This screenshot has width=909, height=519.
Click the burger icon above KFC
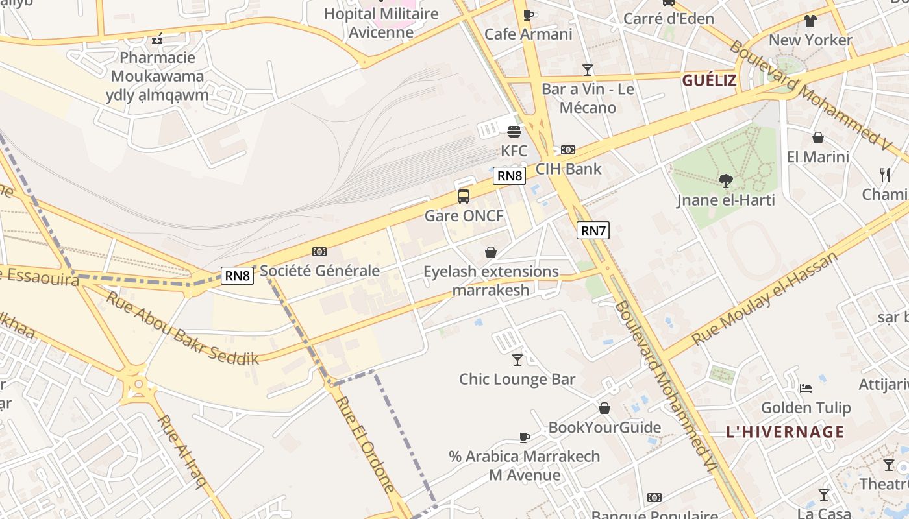[x=514, y=132]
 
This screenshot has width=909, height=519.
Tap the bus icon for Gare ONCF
[x=463, y=196]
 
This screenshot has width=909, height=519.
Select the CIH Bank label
[x=568, y=169]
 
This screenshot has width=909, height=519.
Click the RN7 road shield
[x=593, y=230]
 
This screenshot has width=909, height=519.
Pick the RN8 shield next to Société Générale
[x=237, y=276]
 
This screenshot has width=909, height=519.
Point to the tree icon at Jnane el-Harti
[x=725, y=181]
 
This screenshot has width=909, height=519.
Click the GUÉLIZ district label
[x=709, y=80]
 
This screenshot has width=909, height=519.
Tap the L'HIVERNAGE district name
[x=784, y=432]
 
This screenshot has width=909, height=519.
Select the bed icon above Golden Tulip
[x=805, y=388]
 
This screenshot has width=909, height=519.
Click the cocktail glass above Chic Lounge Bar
[x=517, y=359]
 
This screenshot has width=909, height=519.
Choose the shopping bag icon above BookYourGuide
[x=604, y=408]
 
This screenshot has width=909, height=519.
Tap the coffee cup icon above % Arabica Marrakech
[x=524, y=437]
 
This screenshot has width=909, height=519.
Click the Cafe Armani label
[x=529, y=34]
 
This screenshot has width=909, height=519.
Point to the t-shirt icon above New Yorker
[x=810, y=21]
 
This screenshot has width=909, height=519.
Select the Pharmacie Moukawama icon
[x=156, y=40]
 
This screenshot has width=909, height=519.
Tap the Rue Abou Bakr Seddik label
[x=182, y=328]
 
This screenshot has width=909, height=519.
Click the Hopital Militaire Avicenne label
[x=381, y=23]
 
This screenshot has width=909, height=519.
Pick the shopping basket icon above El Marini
[x=817, y=138]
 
